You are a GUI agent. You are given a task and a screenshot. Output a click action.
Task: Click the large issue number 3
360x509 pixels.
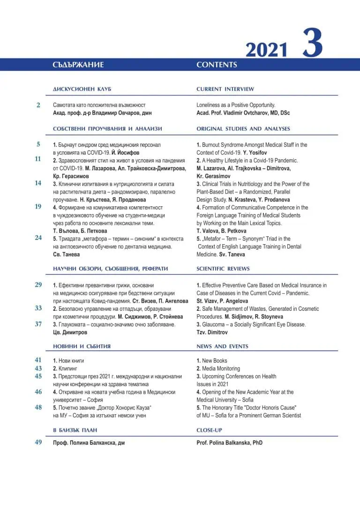tap(312, 43)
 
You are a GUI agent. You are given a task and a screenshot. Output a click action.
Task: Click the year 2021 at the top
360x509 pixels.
tap(266, 50)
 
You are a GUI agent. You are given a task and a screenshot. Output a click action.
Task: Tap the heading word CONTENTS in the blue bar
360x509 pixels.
tap(217, 65)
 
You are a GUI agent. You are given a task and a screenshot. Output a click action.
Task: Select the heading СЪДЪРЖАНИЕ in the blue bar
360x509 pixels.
tap(78, 65)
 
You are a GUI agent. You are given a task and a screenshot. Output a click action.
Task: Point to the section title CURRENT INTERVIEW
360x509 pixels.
tap(225, 89)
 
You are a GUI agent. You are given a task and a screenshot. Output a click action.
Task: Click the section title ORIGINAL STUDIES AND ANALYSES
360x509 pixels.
tap(243, 128)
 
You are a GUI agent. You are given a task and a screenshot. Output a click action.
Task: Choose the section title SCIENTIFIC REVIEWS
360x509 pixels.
tap(223, 269)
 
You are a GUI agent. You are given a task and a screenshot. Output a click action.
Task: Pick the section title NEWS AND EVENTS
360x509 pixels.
tap(222, 346)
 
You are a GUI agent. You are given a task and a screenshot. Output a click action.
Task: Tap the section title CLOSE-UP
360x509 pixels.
tap(209, 430)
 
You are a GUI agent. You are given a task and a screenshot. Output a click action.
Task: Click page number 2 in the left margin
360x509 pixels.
tap(38, 105)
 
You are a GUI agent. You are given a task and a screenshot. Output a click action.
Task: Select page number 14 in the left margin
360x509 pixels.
tap(38, 183)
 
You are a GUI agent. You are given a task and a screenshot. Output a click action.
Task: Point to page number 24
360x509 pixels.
tap(38, 238)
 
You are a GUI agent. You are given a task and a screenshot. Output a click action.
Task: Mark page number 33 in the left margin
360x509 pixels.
tap(38, 308)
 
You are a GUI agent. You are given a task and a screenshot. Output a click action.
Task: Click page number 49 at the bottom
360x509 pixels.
tap(38, 442)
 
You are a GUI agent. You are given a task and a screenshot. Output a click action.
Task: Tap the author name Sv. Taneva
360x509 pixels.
tap(232, 254)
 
